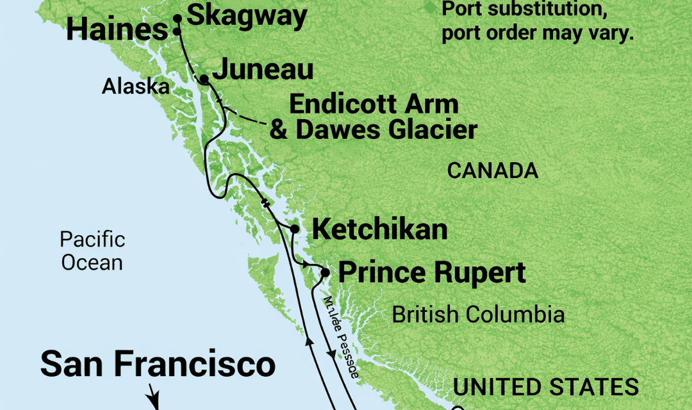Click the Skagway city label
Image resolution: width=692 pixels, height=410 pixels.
[x=248, y=16]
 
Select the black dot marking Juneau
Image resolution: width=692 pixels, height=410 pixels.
[x=204, y=79]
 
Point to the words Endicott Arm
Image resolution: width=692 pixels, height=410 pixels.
[x=374, y=104]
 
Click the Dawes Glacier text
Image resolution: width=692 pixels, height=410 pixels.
[x=385, y=130]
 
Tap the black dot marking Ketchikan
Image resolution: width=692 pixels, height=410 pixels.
[x=295, y=229]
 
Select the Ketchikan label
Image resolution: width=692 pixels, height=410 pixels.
[x=379, y=230]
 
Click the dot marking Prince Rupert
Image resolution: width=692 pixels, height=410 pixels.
[x=325, y=273]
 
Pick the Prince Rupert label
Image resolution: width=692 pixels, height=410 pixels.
[x=432, y=273]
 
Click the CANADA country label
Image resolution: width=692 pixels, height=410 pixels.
[x=492, y=171]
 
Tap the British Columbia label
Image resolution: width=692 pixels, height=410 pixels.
[x=478, y=315]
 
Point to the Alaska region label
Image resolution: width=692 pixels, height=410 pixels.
[x=135, y=86]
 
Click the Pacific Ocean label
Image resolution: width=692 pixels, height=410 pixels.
[x=92, y=251]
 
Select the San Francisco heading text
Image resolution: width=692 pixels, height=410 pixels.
[x=158, y=365]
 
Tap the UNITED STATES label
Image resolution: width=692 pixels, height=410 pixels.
[x=546, y=386]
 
